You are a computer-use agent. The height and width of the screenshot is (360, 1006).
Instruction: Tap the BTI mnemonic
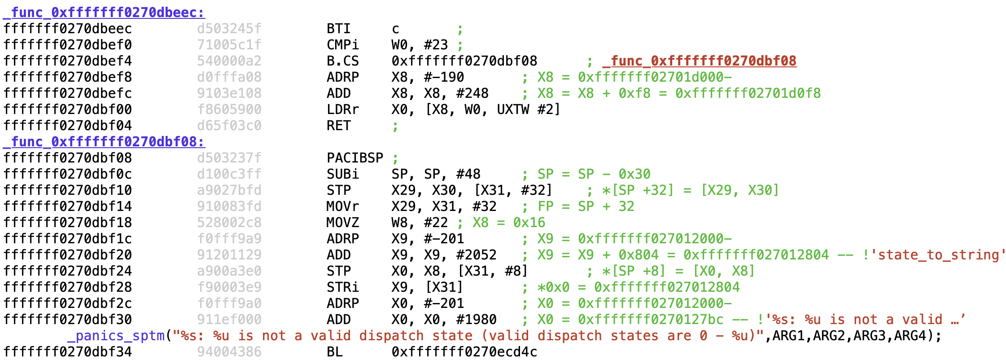point(338,29)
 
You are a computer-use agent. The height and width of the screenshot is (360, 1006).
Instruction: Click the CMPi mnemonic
point(343,45)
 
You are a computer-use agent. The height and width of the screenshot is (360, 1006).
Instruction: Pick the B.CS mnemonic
point(343,61)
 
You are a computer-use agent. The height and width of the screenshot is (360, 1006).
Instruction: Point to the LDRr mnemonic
point(343,110)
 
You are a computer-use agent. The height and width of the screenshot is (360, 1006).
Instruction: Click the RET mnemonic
point(338,126)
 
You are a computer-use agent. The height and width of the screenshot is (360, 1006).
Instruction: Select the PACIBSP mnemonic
point(355,158)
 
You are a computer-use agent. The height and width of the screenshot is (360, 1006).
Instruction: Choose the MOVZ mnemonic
point(343,223)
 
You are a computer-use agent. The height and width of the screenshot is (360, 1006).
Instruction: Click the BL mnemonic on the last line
point(335,352)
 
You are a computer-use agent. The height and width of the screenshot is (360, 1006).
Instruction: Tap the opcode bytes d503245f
point(229,29)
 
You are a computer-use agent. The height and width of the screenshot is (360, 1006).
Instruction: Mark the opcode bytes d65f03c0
point(229,126)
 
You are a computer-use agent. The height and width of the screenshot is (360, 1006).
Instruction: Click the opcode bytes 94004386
point(229,352)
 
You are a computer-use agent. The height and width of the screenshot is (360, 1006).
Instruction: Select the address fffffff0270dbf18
point(68,223)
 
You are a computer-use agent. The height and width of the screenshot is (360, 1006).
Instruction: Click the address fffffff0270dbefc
point(68,93)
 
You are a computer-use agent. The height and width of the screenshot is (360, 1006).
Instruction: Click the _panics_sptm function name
point(116,336)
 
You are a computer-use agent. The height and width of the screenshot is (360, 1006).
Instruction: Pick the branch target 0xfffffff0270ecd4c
point(464,352)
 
